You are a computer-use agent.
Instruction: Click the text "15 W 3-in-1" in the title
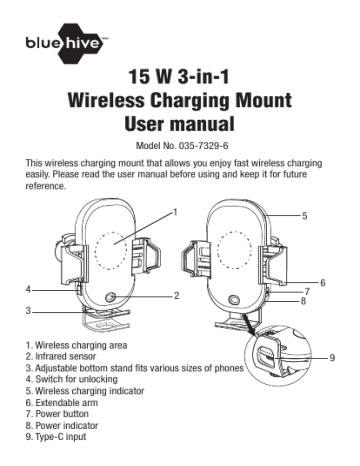pos(180,78)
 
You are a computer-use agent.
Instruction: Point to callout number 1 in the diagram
pos(175,212)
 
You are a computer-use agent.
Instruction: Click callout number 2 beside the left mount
pos(176,296)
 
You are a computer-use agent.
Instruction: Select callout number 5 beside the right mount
pos(304,216)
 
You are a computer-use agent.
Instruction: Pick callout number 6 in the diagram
pos(322,283)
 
